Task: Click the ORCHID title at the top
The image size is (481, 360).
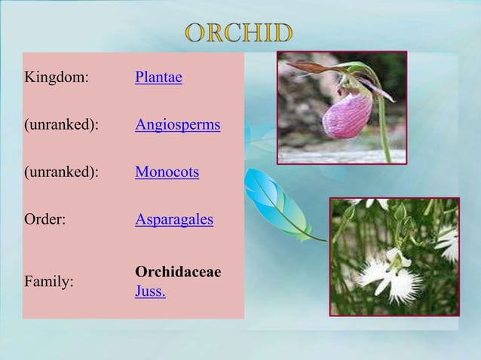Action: [239, 34]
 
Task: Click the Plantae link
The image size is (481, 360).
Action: [158, 77]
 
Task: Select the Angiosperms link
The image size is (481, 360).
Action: [177, 125]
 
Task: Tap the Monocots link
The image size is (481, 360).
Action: [167, 173]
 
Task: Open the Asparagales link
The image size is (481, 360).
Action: [173, 221]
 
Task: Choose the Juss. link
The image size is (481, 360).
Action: [151, 291]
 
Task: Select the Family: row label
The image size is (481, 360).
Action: [49, 282]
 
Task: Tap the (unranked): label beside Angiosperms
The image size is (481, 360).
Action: [62, 125]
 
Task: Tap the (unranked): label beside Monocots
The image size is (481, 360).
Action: [62, 173]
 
